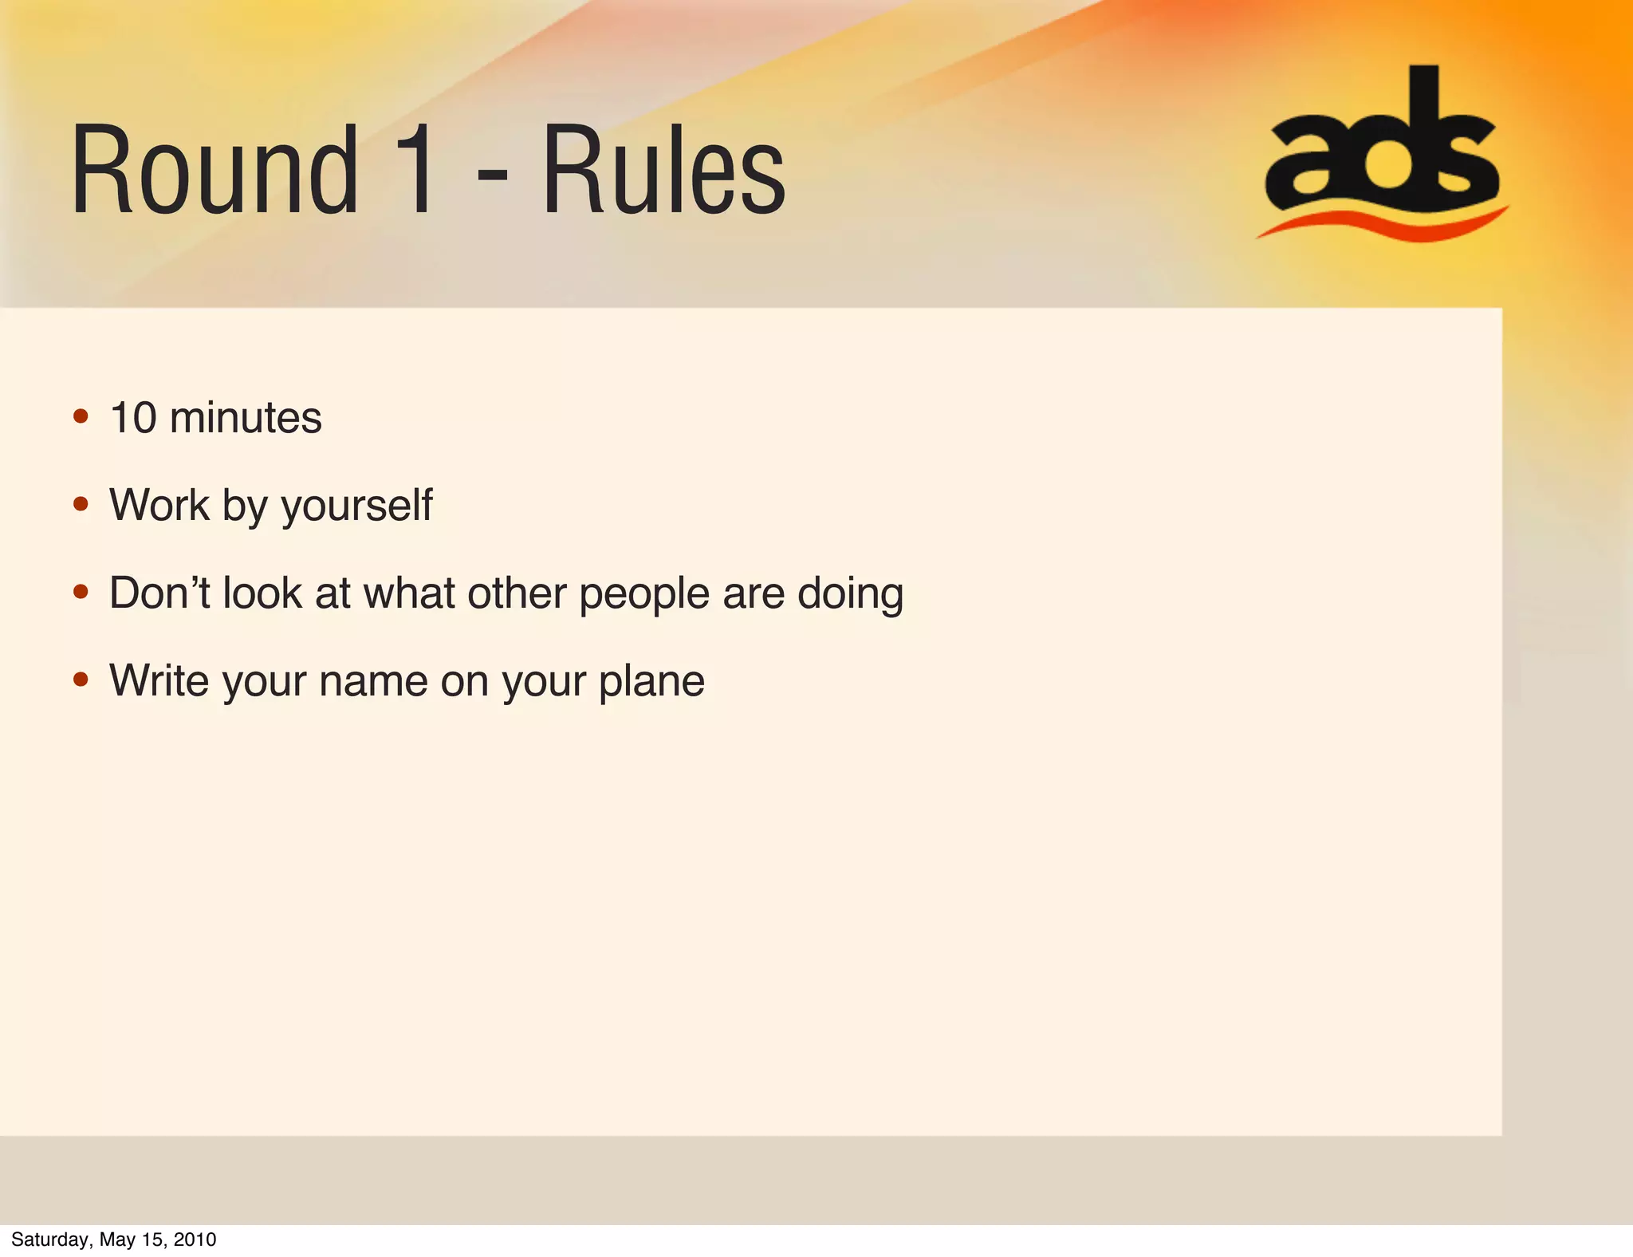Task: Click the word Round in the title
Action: [214, 170]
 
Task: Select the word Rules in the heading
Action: [663, 170]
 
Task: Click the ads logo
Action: [1382, 144]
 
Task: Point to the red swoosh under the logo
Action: [1382, 224]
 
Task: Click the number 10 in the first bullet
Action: [133, 417]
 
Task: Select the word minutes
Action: [246, 417]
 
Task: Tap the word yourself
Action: [356, 506]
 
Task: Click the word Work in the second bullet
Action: [159, 505]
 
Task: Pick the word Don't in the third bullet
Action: [159, 593]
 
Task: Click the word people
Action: [644, 594]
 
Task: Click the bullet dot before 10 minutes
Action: [81, 416]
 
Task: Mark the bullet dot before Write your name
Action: [81, 680]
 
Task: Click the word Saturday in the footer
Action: [51, 1239]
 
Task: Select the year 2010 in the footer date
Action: [195, 1239]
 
